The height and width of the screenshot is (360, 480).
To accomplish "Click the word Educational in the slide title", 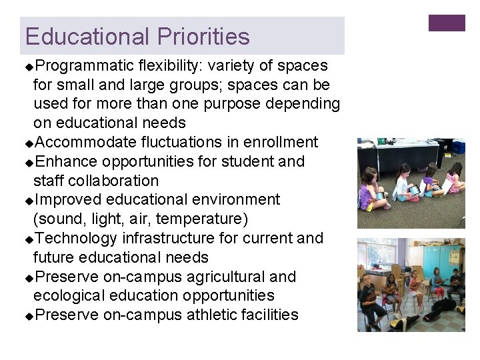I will pos(89,36).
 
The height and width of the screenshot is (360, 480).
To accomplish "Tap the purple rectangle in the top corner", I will pos(447,23).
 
